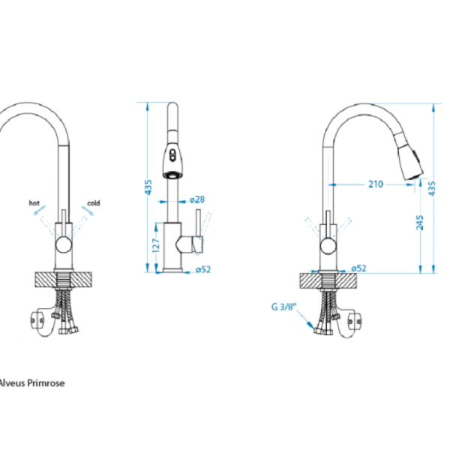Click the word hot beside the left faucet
34,203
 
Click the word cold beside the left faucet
94,203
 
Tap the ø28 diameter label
197,199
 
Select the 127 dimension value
155,245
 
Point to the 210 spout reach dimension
376,184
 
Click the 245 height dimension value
419,223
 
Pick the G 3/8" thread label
283,307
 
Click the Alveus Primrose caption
31,383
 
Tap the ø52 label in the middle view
203,269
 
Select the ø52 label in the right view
359,268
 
